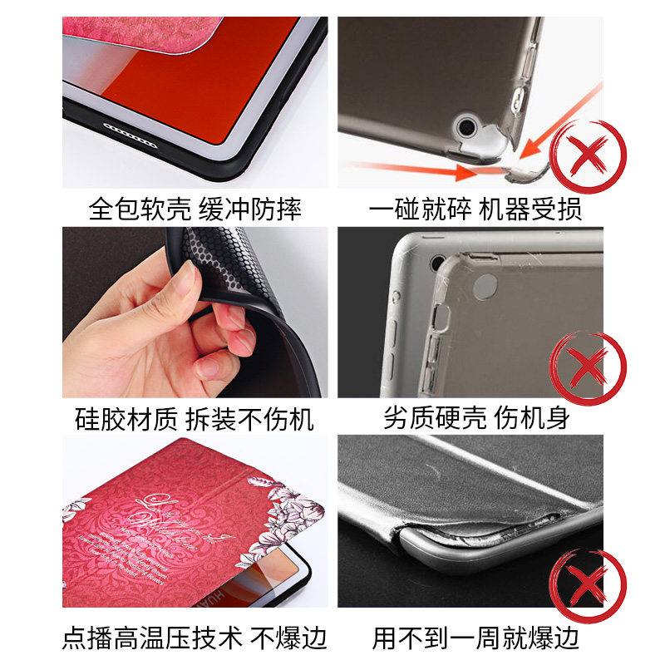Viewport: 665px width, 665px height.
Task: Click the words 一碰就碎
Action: coord(421,208)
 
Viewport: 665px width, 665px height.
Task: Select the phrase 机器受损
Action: coord(531,208)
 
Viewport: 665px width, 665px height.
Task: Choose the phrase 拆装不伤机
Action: coord(249,418)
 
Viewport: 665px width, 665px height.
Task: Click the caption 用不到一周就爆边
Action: coord(475,638)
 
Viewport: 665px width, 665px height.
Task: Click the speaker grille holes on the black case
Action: coord(129,129)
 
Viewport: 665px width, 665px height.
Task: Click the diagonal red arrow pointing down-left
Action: coord(565,116)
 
